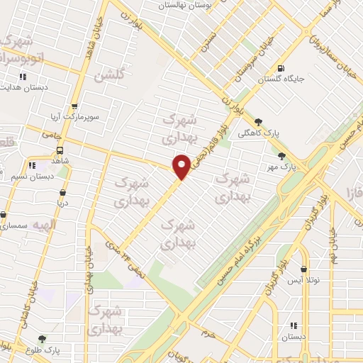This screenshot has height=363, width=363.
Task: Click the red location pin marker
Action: [182, 166]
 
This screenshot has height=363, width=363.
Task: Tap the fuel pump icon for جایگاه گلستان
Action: [282, 69]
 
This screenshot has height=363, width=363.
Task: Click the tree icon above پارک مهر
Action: [282, 156]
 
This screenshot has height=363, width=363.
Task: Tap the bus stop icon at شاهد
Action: [60, 150]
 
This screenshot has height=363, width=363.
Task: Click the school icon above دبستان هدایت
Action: [23, 77]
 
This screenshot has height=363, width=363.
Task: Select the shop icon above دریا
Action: [63, 191]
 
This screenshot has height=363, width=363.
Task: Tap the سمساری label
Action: [14, 225]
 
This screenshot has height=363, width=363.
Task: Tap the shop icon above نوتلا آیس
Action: [305, 269]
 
